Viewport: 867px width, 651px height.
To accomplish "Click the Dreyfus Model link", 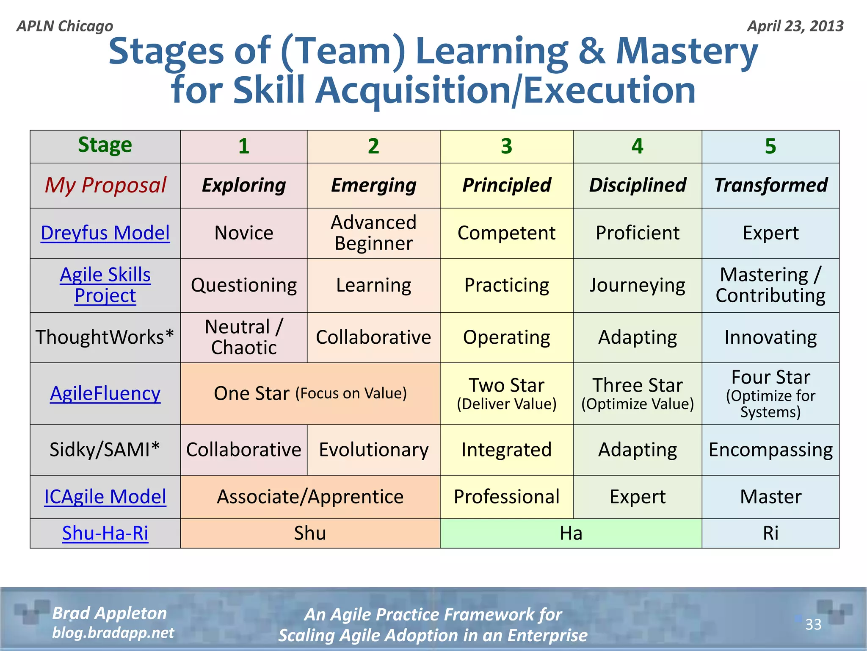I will tap(105, 233).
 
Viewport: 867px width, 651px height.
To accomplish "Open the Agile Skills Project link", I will tap(105, 285).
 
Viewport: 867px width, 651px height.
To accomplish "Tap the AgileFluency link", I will tap(105, 393).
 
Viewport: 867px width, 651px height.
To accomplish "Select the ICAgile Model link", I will tap(105, 497).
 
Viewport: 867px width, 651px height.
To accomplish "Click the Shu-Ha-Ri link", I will tap(105, 533).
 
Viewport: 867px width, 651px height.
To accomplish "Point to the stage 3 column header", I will tap(506, 146).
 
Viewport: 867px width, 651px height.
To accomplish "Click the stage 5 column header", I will tap(770, 146).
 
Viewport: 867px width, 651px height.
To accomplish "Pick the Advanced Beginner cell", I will tap(373, 233).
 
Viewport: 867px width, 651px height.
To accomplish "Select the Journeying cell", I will tap(637, 285).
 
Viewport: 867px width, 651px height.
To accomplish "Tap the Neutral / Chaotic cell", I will tap(244, 337).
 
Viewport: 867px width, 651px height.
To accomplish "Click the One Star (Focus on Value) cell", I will tap(310, 393).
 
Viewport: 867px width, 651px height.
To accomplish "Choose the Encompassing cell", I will tap(770, 450).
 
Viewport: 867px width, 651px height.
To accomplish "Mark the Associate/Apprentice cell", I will tap(310, 497).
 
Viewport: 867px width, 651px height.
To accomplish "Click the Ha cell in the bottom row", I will tap(571, 533).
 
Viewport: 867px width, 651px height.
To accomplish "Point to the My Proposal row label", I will tap(105, 185).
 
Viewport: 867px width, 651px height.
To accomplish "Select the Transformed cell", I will tap(770, 185).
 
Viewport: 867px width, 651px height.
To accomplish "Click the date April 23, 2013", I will tap(795, 26).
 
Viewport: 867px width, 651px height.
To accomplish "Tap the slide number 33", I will tap(813, 624).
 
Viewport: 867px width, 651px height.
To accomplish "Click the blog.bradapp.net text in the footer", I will tap(113, 633).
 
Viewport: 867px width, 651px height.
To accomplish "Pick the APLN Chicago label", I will tap(65, 26).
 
